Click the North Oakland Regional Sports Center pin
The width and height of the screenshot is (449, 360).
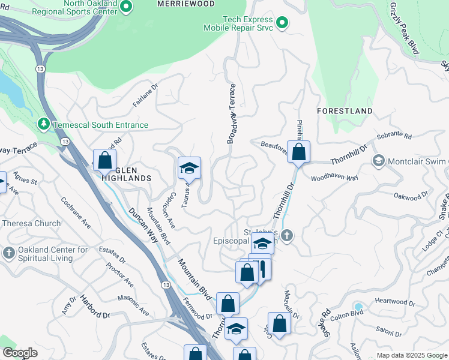[125, 7]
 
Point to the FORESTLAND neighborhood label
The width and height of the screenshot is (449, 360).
[345, 111]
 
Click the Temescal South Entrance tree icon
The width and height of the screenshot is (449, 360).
[43, 124]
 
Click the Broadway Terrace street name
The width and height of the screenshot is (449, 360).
[231, 114]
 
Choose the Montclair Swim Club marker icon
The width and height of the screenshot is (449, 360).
[378, 161]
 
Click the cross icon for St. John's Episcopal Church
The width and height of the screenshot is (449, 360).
[287, 236]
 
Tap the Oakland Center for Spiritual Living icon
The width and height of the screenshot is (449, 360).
[8, 253]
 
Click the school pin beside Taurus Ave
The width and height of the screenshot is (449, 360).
[189, 168]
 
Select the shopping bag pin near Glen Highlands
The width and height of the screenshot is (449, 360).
[104, 160]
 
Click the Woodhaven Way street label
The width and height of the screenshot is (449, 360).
[334, 178]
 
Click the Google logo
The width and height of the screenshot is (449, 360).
[20, 353]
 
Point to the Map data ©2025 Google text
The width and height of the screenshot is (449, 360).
[411, 355]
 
